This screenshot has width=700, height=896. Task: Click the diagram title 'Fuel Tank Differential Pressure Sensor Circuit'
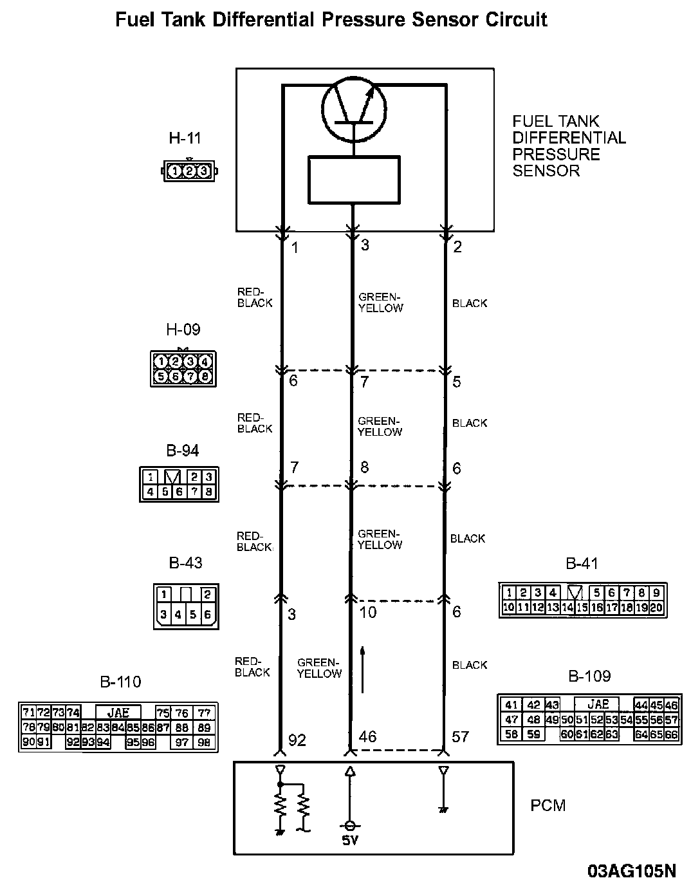[331, 20]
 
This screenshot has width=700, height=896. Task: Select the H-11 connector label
[185, 138]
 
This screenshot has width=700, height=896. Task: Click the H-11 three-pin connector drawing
[189, 171]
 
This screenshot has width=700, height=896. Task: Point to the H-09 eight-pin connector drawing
[183, 368]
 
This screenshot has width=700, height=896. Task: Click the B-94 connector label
[183, 451]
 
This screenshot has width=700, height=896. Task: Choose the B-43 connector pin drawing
[187, 606]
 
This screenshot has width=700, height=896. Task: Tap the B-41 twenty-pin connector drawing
[583, 600]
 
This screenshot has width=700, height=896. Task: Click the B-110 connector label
[120, 682]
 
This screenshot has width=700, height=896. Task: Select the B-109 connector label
[589, 677]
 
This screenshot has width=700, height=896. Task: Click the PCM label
[548, 805]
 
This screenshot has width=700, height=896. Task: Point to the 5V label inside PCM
[350, 841]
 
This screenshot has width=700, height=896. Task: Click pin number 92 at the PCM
[297, 740]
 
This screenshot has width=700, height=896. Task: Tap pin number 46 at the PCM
[367, 736]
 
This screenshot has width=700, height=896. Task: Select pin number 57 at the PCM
[460, 736]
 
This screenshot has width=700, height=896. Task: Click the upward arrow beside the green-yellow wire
[363, 669]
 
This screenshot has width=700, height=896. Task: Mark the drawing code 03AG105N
[632, 872]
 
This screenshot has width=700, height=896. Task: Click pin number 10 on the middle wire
[368, 612]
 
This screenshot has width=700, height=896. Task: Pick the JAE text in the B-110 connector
[118, 712]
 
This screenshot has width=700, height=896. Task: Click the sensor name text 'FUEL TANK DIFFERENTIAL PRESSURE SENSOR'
[569, 146]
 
